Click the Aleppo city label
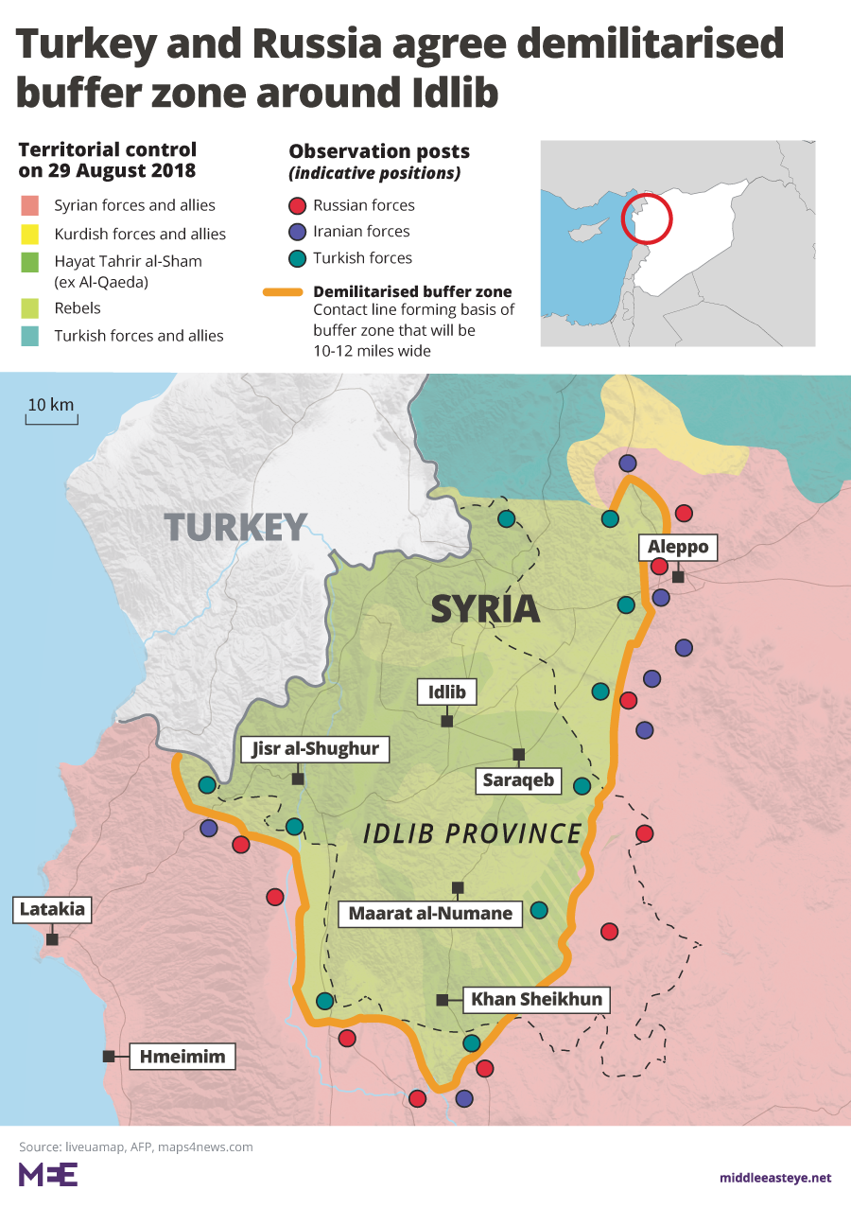pyautogui.click(x=678, y=547)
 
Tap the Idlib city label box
pyautogui.click(x=447, y=692)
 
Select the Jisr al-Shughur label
pyautogui.click(x=315, y=749)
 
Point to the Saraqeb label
pyautogui.click(x=518, y=781)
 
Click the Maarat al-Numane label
pyautogui.click(x=430, y=914)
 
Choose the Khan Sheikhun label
pyautogui.click(x=536, y=999)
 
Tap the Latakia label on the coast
pyautogui.click(x=52, y=911)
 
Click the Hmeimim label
pyautogui.click(x=182, y=1057)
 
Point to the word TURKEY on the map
pyautogui.click(x=235, y=527)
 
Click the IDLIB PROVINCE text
pyautogui.click(x=473, y=833)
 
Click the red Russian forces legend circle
pyautogui.click(x=297, y=205)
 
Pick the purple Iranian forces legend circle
pyautogui.click(x=297, y=232)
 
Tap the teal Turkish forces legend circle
pyautogui.click(x=297, y=258)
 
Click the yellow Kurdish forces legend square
pyautogui.click(x=30, y=234)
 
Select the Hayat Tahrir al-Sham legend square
pyautogui.click(x=30, y=261)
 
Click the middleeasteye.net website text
pyautogui.click(x=774, y=1178)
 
